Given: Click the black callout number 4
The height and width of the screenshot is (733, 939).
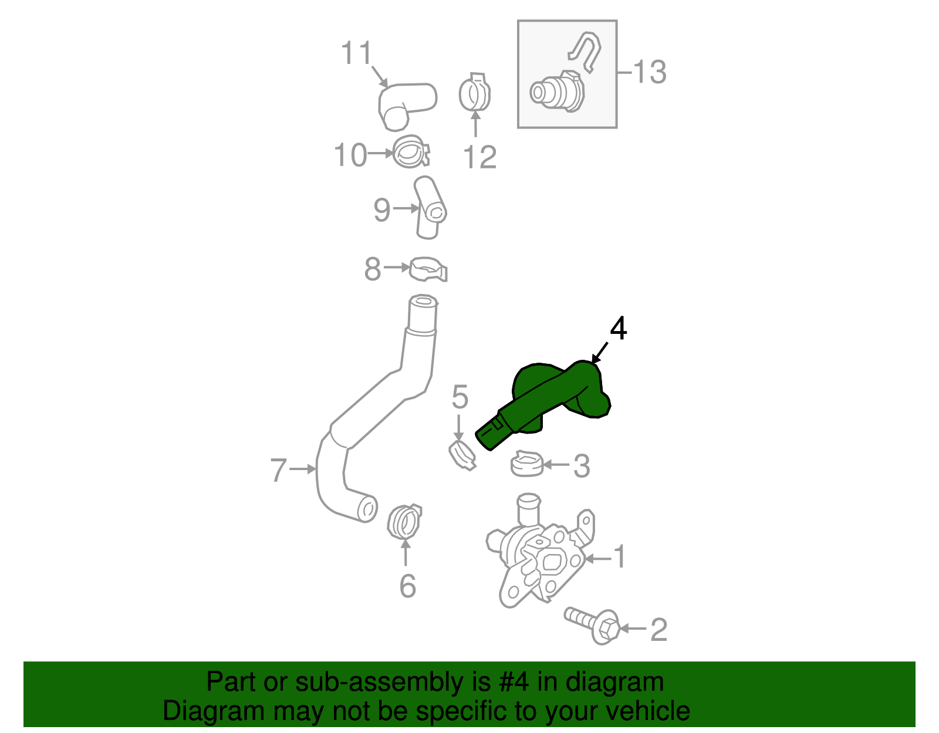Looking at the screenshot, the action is click(x=619, y=328).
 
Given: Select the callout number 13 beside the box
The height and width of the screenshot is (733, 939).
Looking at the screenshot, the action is click(x=650, y=72).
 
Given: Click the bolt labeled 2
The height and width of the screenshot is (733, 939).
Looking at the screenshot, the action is click(x=592, y=625).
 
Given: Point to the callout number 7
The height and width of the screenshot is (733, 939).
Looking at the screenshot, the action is click(x=278, y=470).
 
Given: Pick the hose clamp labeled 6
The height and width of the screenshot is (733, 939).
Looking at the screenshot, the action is click(x=404, y=522).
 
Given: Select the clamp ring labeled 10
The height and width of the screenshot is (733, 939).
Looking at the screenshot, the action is click(x=411, y=151).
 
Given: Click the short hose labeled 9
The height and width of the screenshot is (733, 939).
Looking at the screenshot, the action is click(x=430, y=208).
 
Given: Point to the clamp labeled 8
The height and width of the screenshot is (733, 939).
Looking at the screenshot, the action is click(x=428, y=269).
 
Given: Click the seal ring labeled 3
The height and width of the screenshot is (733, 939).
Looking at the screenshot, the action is click(x=527, y=464).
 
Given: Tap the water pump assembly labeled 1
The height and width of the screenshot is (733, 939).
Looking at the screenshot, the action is click(x=540, y=552).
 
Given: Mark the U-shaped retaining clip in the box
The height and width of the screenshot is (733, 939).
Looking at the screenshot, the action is click(x=584, y=52).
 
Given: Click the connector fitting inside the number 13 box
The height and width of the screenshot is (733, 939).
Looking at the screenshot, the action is click(x=558, y=92).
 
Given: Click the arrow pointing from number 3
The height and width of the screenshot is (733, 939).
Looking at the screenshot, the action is click(x=556, y=465).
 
